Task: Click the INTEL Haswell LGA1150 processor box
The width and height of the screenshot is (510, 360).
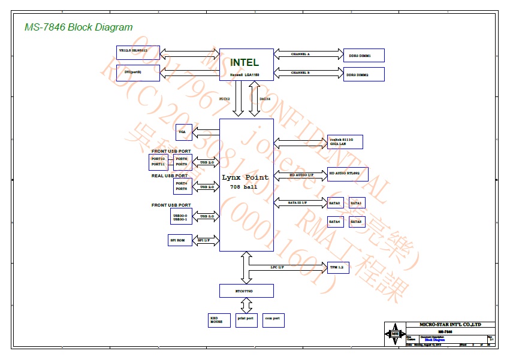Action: pos(246,64)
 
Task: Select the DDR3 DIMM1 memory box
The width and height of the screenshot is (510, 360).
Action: pos(363,56)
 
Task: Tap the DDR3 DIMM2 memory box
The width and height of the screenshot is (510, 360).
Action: pos(363,75)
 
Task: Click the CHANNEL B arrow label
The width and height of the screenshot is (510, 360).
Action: pos(300,72)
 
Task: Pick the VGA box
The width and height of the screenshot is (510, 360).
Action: pos(182,131)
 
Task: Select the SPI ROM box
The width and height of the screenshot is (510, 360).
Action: pos(180,240)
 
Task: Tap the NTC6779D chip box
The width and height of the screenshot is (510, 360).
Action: pos(246,291)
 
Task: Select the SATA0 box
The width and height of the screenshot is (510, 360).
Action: pos(335,204)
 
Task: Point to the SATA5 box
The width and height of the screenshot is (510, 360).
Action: pos(356,222)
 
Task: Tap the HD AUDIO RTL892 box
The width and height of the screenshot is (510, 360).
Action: pos(348,174)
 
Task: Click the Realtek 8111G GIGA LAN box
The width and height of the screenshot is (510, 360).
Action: pos(345,142)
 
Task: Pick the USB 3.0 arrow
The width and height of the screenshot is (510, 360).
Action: pos(207,216)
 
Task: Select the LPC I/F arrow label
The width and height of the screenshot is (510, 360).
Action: pos(277,266)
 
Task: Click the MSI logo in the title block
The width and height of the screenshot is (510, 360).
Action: pos(394,334)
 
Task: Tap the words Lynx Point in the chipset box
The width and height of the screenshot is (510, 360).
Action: pos(246,178)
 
